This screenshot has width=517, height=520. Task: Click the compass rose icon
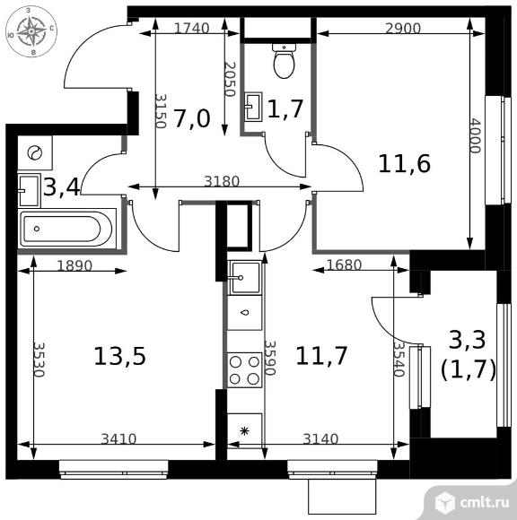(x=31, y=31)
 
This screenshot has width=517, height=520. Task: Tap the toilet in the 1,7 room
(x=285, y=61)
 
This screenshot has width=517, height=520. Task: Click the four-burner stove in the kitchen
(x=245, y=369)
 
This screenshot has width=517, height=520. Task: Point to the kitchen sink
(x=245, y=278)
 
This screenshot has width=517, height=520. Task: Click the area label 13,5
(x=120, y=357)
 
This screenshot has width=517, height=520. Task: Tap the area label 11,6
(x=405, y=163)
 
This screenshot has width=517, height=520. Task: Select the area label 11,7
(x=321, y=356)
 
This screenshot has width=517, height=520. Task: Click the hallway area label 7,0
(x=192, y=118)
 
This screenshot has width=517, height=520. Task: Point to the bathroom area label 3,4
(x=62, y=187)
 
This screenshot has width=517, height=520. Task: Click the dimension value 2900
(x=403, y=29)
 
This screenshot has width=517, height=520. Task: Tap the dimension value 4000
(x=475, y=135)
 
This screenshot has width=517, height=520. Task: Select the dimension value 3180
(x=222, y=181)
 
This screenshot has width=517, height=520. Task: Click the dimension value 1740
(x=191, y=29)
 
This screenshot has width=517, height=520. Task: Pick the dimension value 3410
(x=118, y=439)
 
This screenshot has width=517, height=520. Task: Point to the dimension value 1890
(x=74, y=265)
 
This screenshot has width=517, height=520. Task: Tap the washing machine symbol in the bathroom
(x=35, y=153)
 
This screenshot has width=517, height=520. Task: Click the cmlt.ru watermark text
(x=485, y=503)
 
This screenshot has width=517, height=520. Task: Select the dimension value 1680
(x=344, y=264)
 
